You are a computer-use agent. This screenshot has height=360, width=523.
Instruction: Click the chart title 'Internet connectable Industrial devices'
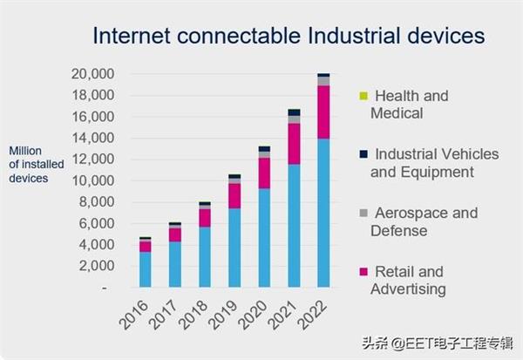(x=287, y=36)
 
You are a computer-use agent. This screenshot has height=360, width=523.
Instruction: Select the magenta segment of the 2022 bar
(x=323, y=112)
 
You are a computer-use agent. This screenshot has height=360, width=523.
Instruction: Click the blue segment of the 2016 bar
(x=146, y=269)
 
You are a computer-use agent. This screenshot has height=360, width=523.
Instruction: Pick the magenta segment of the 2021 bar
(x=294, y=144)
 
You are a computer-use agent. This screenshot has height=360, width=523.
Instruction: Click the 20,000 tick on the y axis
(x=92, y=75)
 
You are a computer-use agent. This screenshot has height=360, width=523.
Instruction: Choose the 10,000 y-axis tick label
(x=92, y=181)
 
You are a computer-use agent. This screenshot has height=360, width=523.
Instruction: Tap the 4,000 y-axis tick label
(x=96, y=245)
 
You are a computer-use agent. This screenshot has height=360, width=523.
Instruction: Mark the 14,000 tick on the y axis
(x=92, y=139)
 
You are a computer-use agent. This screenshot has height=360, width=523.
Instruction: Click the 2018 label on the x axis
(x=198, y=316)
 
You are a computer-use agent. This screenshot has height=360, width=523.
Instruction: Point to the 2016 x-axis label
(x=139, y=316)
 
